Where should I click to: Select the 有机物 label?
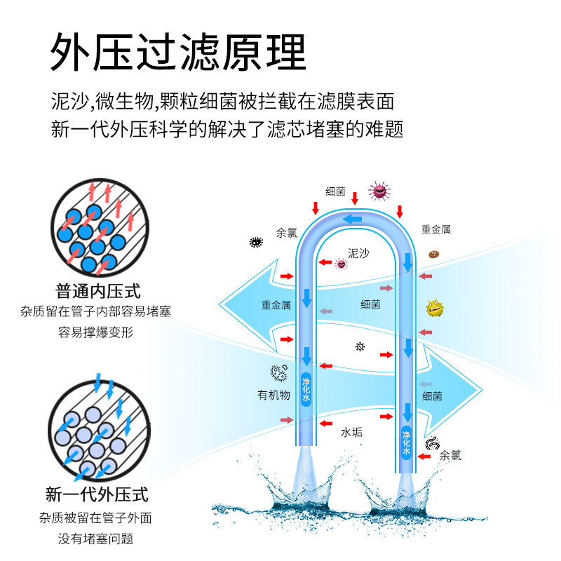[x=273, y=395]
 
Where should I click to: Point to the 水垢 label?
[x=351, y=432]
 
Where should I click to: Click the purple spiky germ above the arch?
[x=379, y=190]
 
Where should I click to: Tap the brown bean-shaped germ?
[x=434, y=254]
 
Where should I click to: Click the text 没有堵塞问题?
[x=95, y=539]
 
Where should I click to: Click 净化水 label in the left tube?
[x=306, y=389]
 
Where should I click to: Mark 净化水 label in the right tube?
[x=406, y=442]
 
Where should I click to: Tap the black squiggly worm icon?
[x=433, y=443]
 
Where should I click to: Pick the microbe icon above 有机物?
[x=278, y=372]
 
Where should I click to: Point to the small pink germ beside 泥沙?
[x=342, y=264]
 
